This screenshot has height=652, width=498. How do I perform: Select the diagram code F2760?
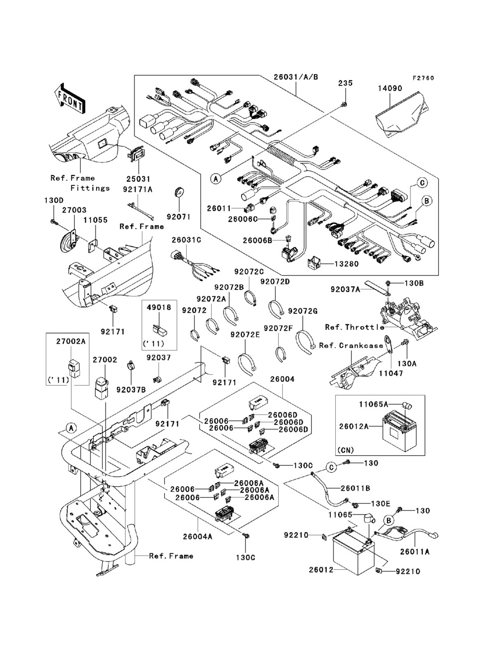423,78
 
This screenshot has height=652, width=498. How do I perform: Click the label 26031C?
186,240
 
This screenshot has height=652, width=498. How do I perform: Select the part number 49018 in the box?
159,308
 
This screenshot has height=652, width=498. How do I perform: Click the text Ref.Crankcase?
351,345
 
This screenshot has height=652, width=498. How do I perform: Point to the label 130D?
54,200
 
